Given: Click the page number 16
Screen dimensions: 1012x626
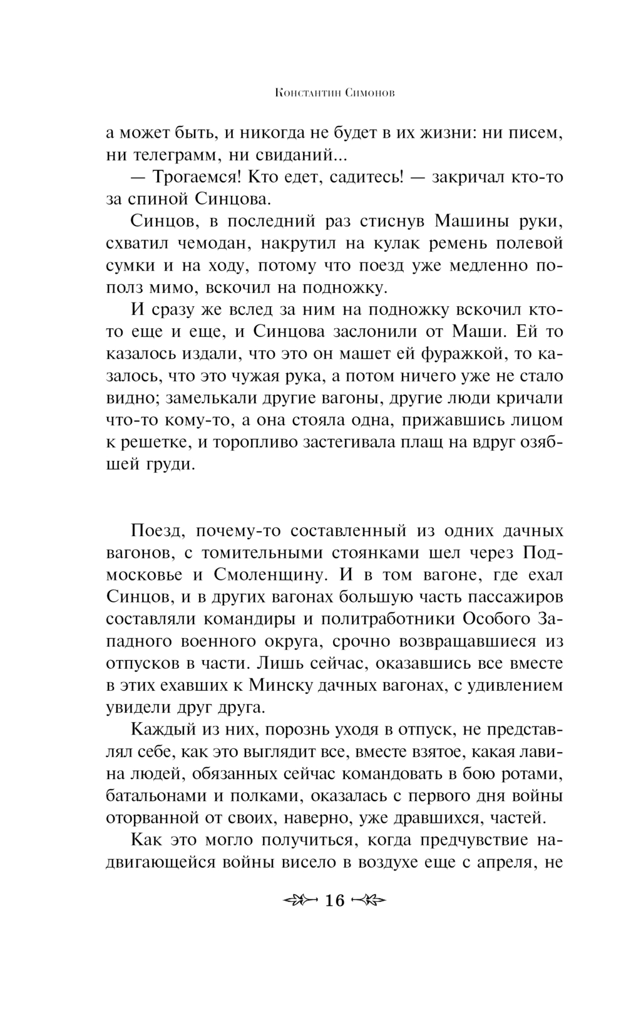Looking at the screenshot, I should click(335, 901).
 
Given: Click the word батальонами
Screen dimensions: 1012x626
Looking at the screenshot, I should click(156, 796).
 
